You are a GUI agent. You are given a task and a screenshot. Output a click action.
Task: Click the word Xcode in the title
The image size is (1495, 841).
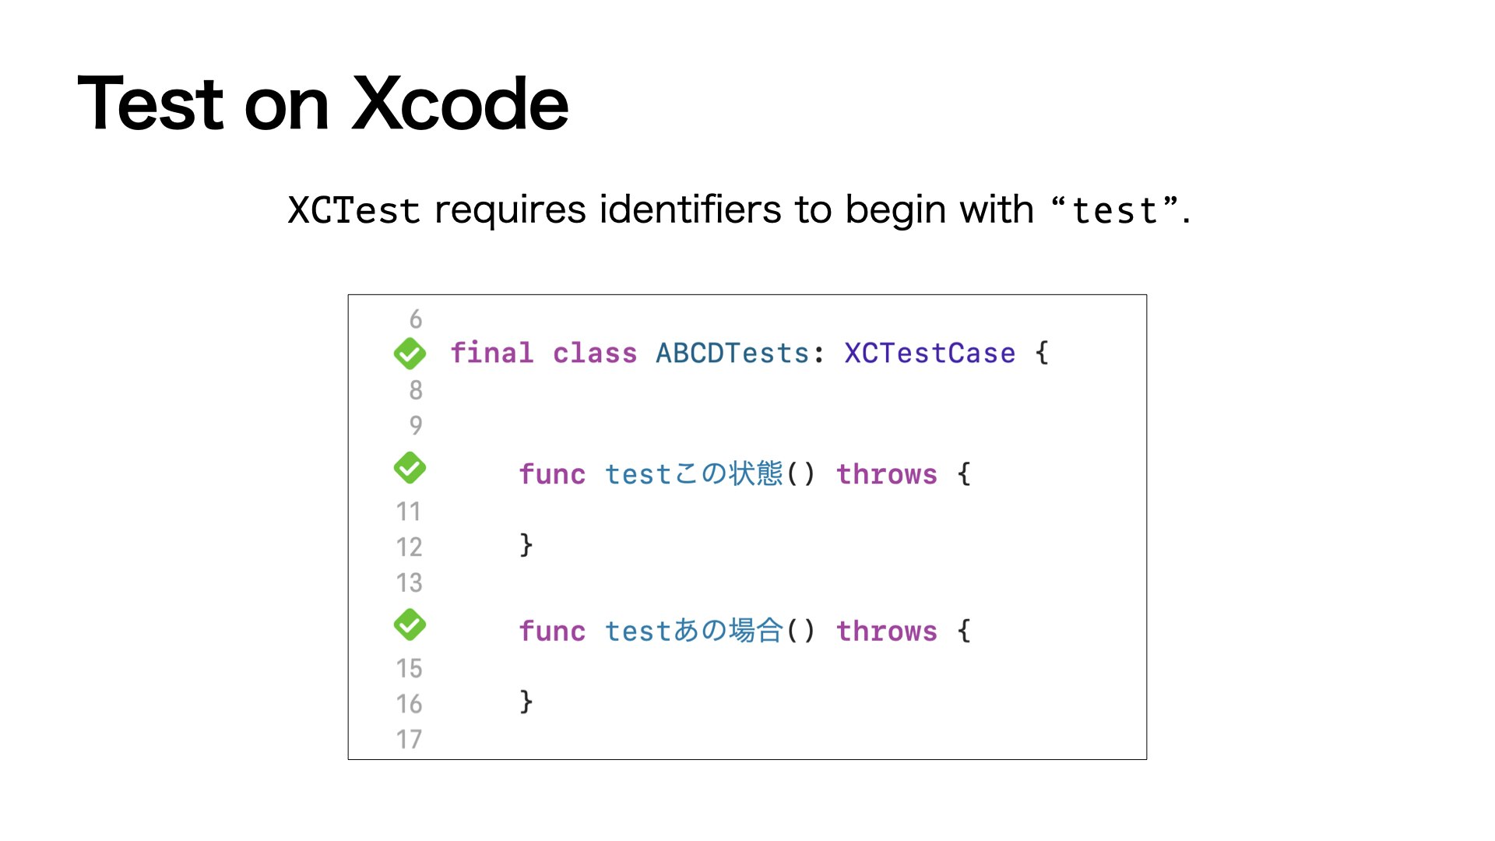(x=460, y=104)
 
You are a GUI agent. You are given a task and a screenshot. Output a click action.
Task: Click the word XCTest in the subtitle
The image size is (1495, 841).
(x=354, y=210)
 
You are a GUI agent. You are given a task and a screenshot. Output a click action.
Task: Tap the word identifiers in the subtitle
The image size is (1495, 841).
(x=690, y=209)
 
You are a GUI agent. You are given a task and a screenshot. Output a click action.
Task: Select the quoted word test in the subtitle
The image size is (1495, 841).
(x=1114, y=211)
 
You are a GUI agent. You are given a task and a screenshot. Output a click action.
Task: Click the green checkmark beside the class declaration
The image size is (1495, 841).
(x=410, y=354)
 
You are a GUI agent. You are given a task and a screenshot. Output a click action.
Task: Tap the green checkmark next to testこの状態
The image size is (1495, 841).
(x=410, y=468)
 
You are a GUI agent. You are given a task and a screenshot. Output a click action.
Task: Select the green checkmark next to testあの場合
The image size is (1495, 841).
(x=410, y=625)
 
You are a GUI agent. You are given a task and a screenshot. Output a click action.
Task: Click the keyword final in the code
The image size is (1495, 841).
(x=492, y=354)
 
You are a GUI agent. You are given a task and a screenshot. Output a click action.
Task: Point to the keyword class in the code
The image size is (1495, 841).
(x=595, y=354)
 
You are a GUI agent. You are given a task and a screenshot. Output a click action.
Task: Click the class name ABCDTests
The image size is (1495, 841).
(x=732, y=354)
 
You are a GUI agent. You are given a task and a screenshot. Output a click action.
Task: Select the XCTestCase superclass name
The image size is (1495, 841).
(x=930, y=354)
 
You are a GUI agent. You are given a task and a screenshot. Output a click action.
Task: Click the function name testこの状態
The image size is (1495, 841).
(x=693, y=474)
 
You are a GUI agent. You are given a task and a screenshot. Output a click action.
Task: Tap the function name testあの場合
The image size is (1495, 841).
(x=693, y=631)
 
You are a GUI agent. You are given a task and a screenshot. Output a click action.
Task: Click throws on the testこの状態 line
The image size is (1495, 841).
(x=887, y=474)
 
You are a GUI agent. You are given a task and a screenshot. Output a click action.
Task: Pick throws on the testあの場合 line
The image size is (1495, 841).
(x=887, y=631)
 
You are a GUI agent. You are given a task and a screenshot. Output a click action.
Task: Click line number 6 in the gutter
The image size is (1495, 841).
(x=416, y=319)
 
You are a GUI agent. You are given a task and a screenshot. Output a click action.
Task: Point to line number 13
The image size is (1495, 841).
(x=410, y=582)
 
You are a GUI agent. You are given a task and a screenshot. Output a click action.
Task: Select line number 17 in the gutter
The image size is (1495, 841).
(x=410, y=739)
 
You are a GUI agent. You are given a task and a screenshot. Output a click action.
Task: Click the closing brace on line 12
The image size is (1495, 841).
(x=526, y=544)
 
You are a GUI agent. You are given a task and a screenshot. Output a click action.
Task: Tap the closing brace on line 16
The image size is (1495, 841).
(x=526, y=702)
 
